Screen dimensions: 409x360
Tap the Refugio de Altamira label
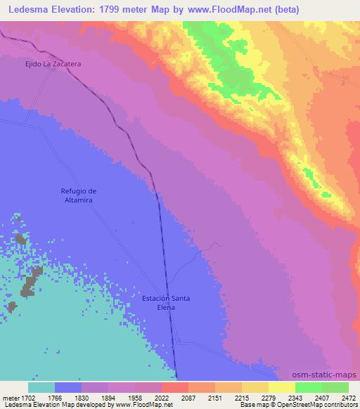click(x=77, y=195)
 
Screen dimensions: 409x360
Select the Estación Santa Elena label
click(x=166, y=303)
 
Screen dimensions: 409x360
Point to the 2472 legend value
click(x=347, y=398)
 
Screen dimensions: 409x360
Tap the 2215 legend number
click(x=230, y=398)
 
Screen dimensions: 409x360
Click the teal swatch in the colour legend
click(x=41, y=387)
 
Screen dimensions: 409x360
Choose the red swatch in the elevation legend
click(x=174, y=387)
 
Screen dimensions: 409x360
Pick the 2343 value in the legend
click(x=284, y=398)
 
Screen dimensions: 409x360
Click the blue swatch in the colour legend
click(x=68, y=387)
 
